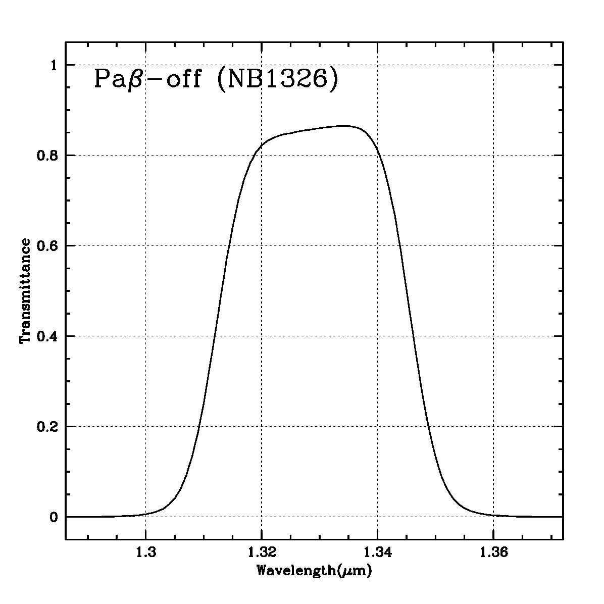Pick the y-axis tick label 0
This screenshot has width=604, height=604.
[x=54, y=517]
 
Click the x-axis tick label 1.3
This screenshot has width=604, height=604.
[x=145, y=553]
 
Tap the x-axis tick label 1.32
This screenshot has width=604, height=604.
[x=262, y=553]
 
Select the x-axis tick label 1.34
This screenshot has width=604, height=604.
[x=377, y=553]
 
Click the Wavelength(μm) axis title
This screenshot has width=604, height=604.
[x=314, y=572]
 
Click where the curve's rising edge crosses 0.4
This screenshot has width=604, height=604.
[x=215, y=336]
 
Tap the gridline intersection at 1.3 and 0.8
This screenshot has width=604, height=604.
[x=145, y=156]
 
